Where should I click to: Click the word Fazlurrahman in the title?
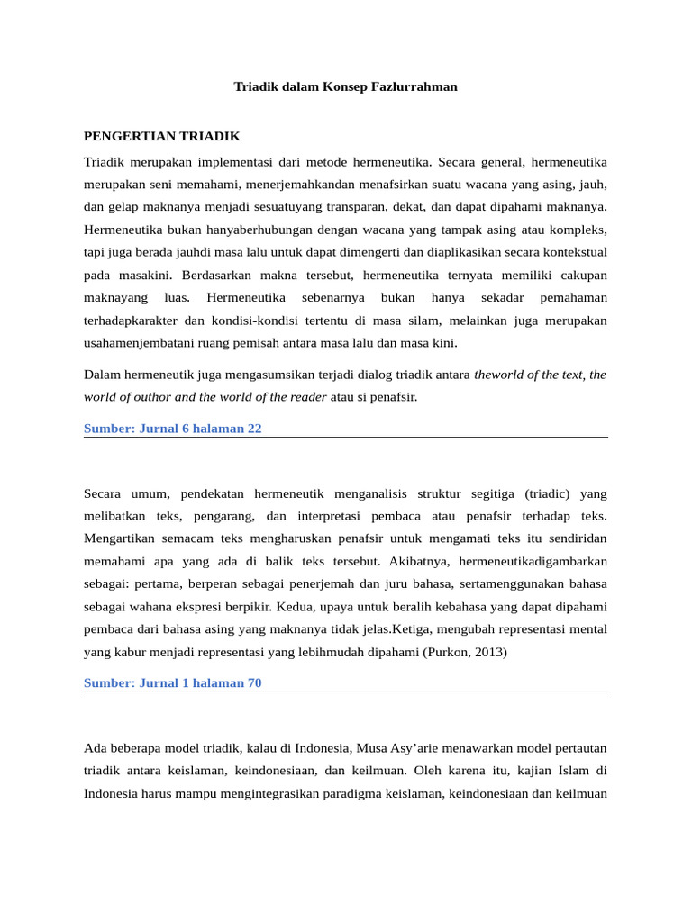click(414, 87)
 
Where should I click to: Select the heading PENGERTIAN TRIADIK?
click(161, 136)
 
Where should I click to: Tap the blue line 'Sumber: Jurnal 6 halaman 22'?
click(172, 429)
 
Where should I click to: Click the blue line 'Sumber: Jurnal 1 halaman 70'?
click(172, 683)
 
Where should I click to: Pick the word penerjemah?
click(328, 583)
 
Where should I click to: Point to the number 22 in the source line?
click(254, 429)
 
